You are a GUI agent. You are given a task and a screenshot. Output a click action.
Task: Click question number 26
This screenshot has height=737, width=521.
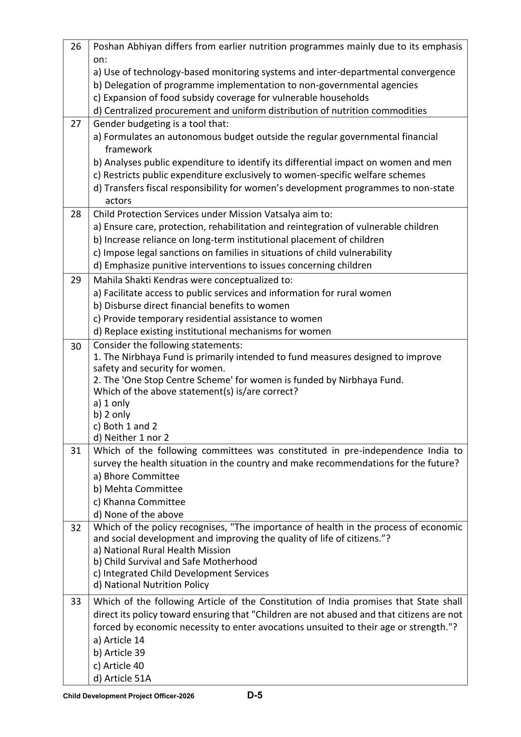[76, 47]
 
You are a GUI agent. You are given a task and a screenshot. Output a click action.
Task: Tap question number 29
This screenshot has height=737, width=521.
[76, 280]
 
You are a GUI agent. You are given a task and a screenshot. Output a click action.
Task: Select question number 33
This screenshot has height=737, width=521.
[76, 602]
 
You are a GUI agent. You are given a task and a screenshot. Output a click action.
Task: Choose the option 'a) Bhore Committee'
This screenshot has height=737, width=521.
[136, 476]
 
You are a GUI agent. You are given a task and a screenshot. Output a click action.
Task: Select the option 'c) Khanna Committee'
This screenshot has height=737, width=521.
[139, 502]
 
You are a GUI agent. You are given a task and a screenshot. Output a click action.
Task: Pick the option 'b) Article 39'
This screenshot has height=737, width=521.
[119, 653]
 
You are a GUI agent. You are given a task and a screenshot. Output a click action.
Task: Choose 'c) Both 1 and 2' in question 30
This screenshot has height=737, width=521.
[125, 426]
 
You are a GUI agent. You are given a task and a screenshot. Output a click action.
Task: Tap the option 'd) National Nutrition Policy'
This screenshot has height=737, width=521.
[151, 584]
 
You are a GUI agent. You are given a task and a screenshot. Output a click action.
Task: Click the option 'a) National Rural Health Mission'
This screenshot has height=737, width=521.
[162, 550]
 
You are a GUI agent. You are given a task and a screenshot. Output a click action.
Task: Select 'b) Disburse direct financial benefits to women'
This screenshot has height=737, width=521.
[191, 305]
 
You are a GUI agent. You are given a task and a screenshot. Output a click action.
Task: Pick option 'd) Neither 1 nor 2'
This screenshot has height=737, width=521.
[131, 437]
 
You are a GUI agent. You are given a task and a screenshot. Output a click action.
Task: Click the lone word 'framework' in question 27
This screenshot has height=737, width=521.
[128, 150]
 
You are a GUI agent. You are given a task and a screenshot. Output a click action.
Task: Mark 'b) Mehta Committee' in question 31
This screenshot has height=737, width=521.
[138, 489]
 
